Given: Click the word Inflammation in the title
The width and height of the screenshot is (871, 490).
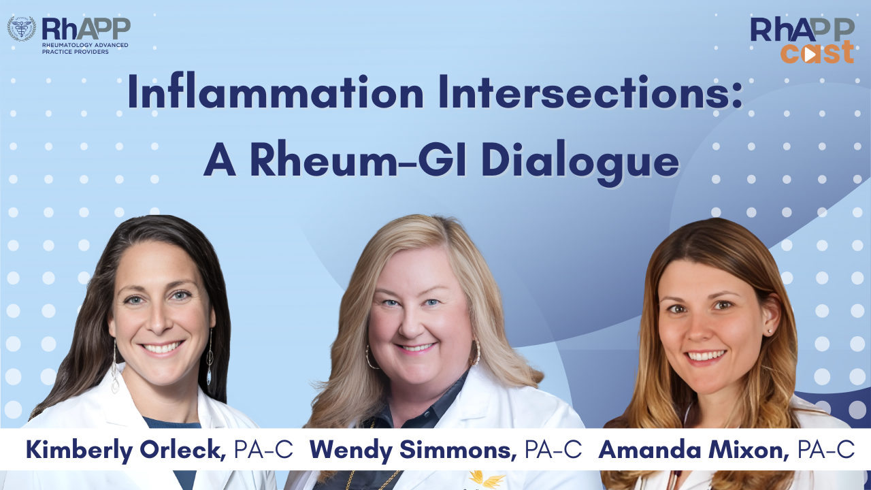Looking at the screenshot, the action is [276, 92].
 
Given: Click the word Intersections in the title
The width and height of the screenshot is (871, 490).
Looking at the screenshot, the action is [591, 92].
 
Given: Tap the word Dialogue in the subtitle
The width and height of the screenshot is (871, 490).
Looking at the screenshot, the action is [580, 162].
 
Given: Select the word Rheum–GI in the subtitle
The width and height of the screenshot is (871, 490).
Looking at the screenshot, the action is [357, 159].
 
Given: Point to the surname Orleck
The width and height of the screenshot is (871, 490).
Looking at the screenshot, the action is [182, 450].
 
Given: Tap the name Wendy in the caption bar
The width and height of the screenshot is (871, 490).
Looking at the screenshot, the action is [351, 451].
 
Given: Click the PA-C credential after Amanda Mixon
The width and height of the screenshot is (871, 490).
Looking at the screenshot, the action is [826, 450].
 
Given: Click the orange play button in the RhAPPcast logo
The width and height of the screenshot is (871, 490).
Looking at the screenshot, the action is [810, 55].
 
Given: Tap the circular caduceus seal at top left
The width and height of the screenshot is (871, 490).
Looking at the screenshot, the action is [21, 29].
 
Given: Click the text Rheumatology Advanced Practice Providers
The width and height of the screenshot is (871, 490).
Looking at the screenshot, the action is [85, 48].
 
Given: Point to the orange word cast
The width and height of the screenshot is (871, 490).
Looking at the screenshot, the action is [817, 52].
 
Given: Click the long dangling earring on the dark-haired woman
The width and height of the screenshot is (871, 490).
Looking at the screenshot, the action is [210, 358].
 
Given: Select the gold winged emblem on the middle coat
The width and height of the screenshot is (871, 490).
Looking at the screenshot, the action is [487, 478].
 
